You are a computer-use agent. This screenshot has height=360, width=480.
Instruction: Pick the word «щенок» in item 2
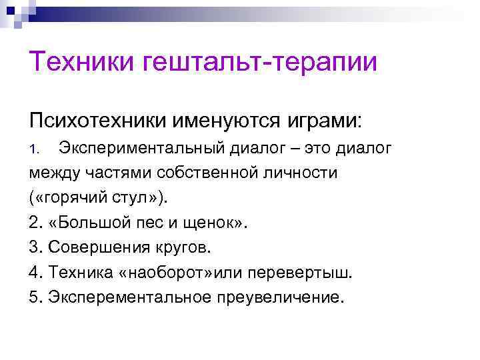tap(213, 223)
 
